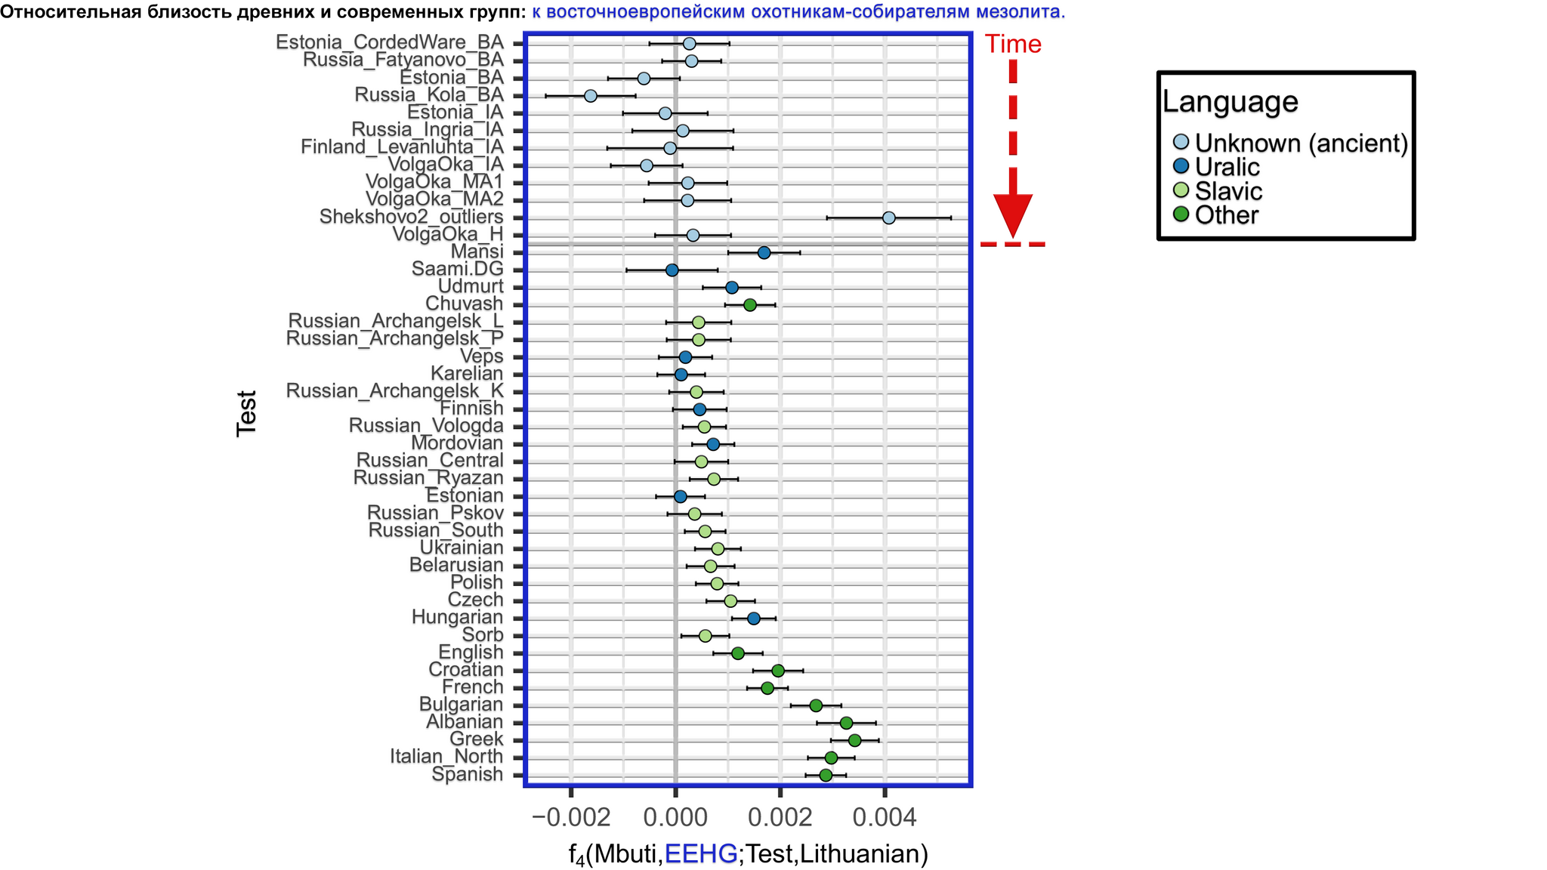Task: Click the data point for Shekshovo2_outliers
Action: pyautogui.click(x=888, y=217)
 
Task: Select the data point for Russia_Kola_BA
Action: pyautogui.click(x=591, y=96)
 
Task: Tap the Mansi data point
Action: pyautogui.click(x=764, y=252)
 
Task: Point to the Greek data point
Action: pyautogui.click(x=854, y=740)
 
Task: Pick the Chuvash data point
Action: pyautogui.click(x=749, y=304)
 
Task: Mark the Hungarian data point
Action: pyautogui.click(x=753, y=619)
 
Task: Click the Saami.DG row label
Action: pyautogui.click(x=457, y=270)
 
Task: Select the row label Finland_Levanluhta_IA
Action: pyautogui.click(x=402, y=147)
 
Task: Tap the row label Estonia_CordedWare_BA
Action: pyautogui.click(x=389, y=43)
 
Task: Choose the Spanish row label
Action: pyautogui.click(x=467, y=775)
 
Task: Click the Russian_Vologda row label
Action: pyautogui.click(x=426, y=426)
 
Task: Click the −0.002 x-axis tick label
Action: pyautogui.click(x=570, y=817)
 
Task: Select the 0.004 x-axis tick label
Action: pyautogui.click(x=884, y=817)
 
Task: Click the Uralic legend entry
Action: pyautogui.click(x=1227, y=167)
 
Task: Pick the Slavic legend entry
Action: pyautogui.click(x=1228, y=191)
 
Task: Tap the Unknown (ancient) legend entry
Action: pyautogui.click(x=1301, y=143)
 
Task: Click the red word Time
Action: pyautogui.click(x=1013, y=45)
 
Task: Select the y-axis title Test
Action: pyautogui.click(x=247, y=413)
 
